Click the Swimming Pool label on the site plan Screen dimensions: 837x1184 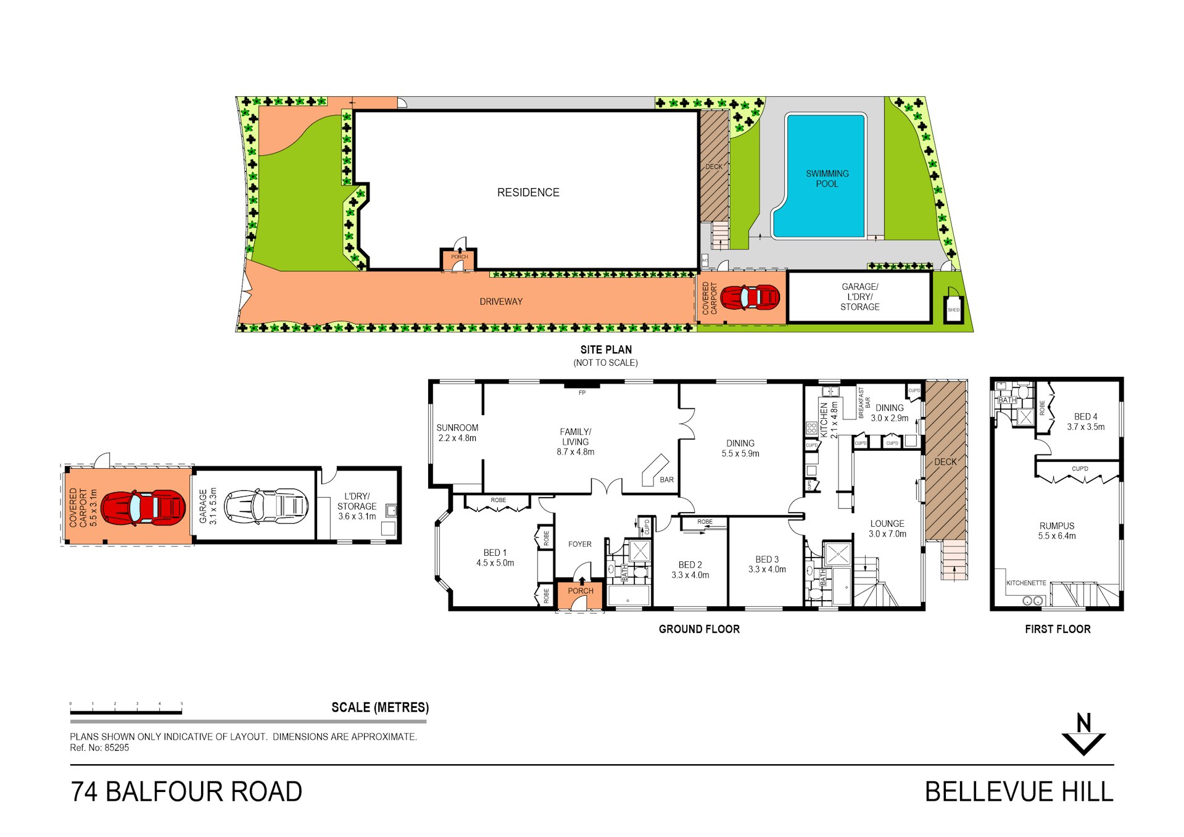pos(827,179)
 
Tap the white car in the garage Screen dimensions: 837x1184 pos(266,506)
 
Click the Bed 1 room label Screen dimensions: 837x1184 pos(495,558)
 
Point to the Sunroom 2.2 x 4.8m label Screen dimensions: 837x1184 pos(457,433)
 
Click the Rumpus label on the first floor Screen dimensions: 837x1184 pos(1056,531)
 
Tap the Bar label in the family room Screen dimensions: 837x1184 pos(666,480)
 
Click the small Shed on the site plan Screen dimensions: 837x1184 pos(953,309)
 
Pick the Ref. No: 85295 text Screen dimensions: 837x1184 pos(99,748)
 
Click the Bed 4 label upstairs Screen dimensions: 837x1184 pos(1085,422)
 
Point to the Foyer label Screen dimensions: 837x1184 pos(579,544)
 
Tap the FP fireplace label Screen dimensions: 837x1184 pos(582,393)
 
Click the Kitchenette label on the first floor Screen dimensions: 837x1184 pos(1026,583)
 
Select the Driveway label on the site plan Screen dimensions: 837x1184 pos(501,302)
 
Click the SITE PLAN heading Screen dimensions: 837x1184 pos(606,350)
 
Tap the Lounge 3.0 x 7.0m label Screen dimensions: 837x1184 pos(887,529)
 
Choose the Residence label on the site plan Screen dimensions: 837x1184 pos(528,192)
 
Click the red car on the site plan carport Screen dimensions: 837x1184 pos(750,297)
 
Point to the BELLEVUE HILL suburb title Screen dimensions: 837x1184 pos(1019,792)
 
